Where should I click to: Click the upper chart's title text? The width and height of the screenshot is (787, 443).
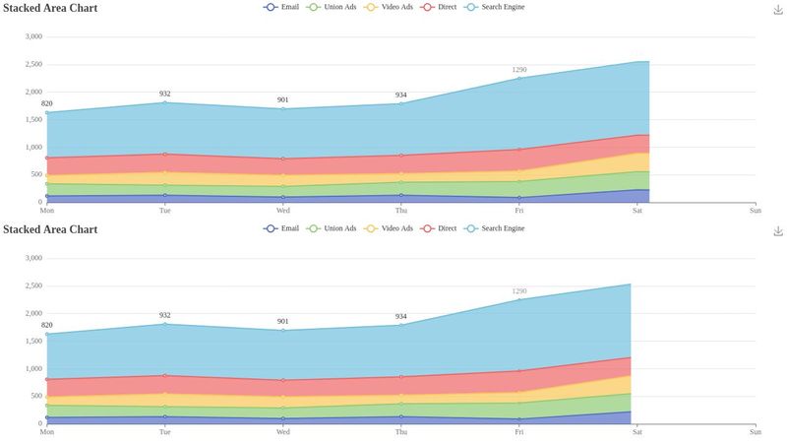click(50, 8)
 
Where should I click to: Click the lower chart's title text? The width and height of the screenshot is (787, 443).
click(50, 229)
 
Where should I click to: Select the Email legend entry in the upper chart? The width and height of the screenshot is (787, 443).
click(281, 7)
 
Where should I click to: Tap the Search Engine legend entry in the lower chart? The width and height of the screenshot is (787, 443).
click(494, 228)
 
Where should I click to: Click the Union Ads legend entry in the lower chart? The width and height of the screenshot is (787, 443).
click(333, 228)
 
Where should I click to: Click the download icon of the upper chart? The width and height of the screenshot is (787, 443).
click(778, 9)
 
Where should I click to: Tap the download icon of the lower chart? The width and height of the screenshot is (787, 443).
click(778, 230)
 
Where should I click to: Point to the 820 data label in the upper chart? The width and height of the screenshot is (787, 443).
click(46, 103)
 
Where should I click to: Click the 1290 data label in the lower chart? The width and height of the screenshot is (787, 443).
click(519, 291)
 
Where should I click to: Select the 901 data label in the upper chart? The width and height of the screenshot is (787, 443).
click(282, 99)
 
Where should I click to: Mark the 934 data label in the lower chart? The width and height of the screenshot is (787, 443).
click(401, 316)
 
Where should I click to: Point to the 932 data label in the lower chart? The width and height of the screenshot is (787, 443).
click(164, 315)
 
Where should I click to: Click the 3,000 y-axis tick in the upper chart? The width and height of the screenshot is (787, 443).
click(32, 37)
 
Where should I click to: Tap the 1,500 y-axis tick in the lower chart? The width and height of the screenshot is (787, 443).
click(32, 341)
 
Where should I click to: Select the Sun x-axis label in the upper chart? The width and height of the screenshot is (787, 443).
click(755, 210)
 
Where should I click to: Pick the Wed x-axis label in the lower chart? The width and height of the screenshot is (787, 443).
click(282, 431)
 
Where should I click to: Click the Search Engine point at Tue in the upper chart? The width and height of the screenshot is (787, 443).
click(164, 102)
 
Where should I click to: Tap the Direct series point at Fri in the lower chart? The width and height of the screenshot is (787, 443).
click(519, 371)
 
